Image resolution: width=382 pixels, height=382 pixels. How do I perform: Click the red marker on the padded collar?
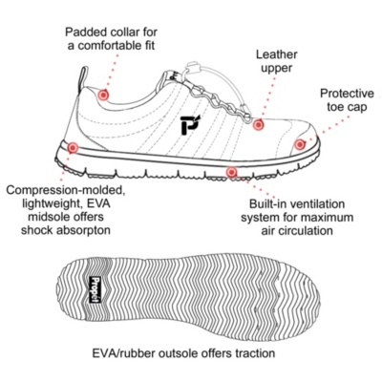click(103, 95)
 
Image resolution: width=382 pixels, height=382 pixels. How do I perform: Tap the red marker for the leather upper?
click(258, 124)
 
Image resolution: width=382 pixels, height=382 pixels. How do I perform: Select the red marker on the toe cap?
click(299, 144)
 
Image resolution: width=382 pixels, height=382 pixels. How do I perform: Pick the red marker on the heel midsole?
click(73, 147)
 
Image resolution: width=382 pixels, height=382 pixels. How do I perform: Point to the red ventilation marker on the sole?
click(232, 172)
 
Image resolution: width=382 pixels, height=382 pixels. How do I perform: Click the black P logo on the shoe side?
click(190, 124)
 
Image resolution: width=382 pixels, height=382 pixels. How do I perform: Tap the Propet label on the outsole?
click(95, 289)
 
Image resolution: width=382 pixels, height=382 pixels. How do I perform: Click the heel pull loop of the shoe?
click(82, 79)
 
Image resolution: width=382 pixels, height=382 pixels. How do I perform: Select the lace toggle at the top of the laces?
click(193, 68)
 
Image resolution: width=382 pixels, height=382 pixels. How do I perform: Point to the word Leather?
click(277, 54)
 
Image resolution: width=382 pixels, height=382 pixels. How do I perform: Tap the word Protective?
click(347, 94)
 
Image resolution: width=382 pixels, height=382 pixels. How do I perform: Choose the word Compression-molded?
click(65, 190)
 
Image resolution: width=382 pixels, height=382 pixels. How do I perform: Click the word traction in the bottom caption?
click(255, 353)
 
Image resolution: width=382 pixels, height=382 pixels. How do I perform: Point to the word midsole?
click(48, 217)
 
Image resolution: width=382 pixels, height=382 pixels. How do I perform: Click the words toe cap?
click(347, 107)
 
